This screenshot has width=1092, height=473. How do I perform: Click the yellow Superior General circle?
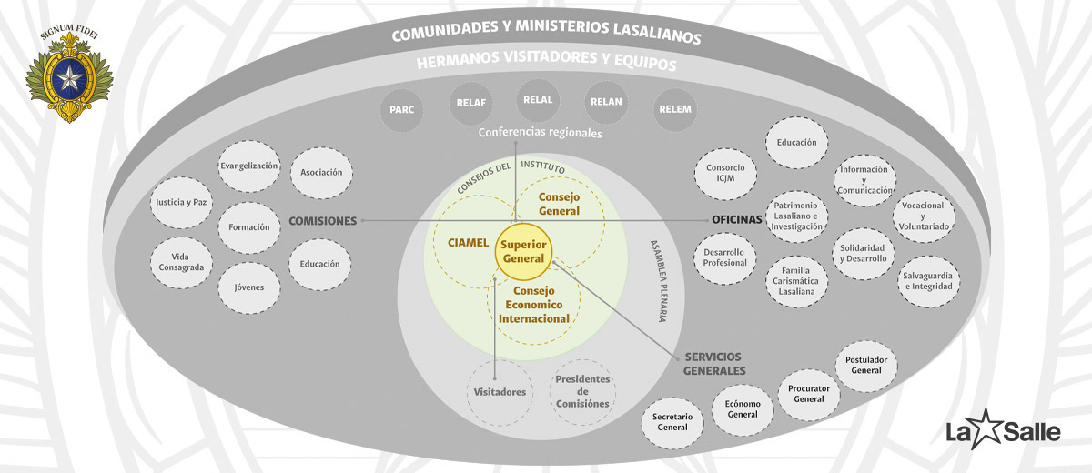tap(523, 251)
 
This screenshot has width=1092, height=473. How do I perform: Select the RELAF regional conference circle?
tap(471, 103)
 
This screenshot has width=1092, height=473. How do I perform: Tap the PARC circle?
tap(401, 109)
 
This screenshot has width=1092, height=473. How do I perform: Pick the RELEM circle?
tap(674, 109)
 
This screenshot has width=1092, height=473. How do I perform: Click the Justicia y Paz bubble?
tap(181, 202)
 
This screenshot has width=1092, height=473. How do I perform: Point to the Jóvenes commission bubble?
tap(248, 287)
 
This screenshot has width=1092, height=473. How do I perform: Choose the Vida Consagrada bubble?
tap(181, 262)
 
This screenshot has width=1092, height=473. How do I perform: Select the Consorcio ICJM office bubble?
tap(725, 174)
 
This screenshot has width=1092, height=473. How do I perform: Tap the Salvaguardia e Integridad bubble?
tap(929, 281)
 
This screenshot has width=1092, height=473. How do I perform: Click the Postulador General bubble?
tap(866, 366)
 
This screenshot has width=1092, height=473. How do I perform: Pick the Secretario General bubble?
tap(672, 422)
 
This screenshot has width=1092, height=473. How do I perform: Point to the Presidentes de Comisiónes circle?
tap(582, 392)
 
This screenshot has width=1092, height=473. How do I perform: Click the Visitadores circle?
tap(500, 392)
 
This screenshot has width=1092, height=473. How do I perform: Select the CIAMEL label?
tap(468, 243)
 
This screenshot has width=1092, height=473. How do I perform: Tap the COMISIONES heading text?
tap(323, 221)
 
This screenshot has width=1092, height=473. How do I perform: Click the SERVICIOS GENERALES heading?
tap(713, 364)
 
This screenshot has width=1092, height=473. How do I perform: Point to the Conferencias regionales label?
tap(540, 133)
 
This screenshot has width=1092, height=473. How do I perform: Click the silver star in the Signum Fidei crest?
tap(69, 78)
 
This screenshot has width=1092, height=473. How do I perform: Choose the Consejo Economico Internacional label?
tap(534, 305)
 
